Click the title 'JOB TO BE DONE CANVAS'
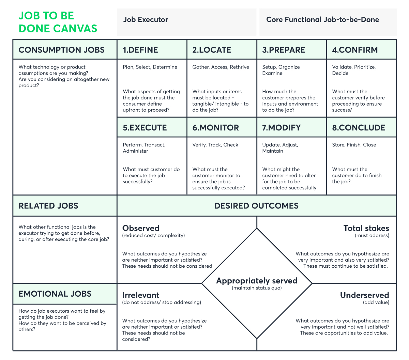click(58, 22)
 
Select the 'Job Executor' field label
click(146, 20)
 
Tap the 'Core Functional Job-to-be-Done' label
click(322, 20)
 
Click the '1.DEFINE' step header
click(140, 50)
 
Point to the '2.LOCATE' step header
click(212, 50)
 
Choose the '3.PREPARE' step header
click(284, 50)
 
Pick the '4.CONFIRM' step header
click(355, 50)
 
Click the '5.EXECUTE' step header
click(145, 128)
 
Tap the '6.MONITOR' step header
click(215, 128)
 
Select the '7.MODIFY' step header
click(281, 128)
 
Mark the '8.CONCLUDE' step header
click(359, 128)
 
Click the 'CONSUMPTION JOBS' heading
click(62, 50)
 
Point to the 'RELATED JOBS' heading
click(48, 206)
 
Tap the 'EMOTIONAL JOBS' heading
click(55, 294)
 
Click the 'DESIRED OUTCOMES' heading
click(256, 206)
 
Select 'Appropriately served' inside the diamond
click(257, 281)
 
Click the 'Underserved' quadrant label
click(364, 295)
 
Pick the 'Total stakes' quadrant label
click(366, 228)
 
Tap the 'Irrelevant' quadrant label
click(141, 295)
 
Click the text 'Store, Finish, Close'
click(354, 145)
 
